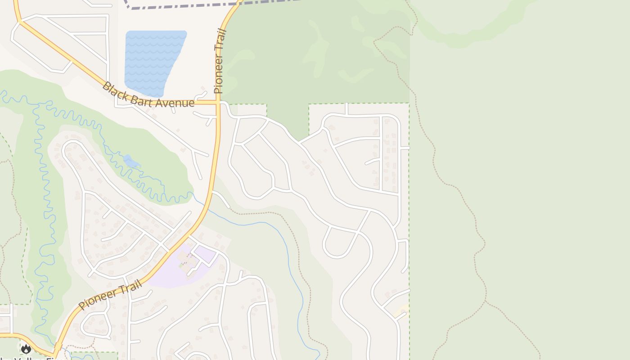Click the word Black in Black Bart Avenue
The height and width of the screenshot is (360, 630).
[x=112, y=89]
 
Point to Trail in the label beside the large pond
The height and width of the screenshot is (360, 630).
[x=220, y=39]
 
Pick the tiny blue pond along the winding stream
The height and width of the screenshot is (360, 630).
[x=131, y=161]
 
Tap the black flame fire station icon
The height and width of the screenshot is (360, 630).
[x=26, y=348]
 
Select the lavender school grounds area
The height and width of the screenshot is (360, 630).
[x=171, y=274]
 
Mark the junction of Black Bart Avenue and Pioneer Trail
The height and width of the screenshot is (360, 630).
[x=218, y=103]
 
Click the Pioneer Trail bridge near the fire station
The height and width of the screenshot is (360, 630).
[x=58, y=346]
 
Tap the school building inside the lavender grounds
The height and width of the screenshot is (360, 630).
[x=187, y=259]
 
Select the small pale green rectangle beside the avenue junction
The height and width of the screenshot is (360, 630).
[x=247, y=109]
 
